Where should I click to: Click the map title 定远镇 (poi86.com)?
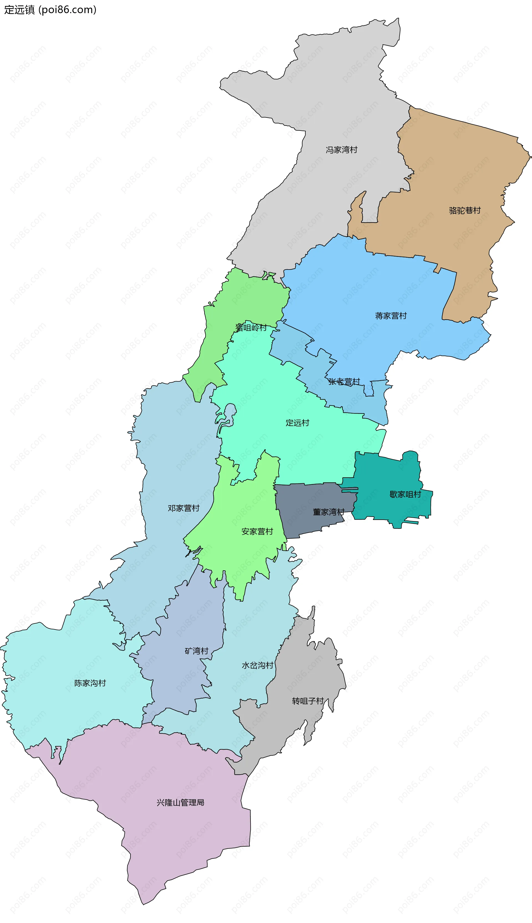pos(50,9)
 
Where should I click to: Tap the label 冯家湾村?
pos(341,150)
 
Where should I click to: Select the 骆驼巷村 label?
pos(465,210)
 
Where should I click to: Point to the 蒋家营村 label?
pos(391,316)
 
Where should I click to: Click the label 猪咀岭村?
pos(251,328)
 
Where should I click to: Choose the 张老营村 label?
pos(344,382)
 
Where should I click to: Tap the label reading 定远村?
pos(297,423)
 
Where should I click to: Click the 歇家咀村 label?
pos(405,494)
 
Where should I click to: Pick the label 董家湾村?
pos(328,512)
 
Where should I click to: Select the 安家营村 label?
pos(257,532)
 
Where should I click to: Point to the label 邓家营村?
pos(183,508)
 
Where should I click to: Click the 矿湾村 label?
pos(196,651)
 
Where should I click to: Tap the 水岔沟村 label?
pos(258,665)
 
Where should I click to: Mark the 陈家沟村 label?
pos(90,683)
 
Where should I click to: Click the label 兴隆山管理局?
pos(180,803)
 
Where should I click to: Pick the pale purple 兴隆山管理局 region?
pos(164,840)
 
